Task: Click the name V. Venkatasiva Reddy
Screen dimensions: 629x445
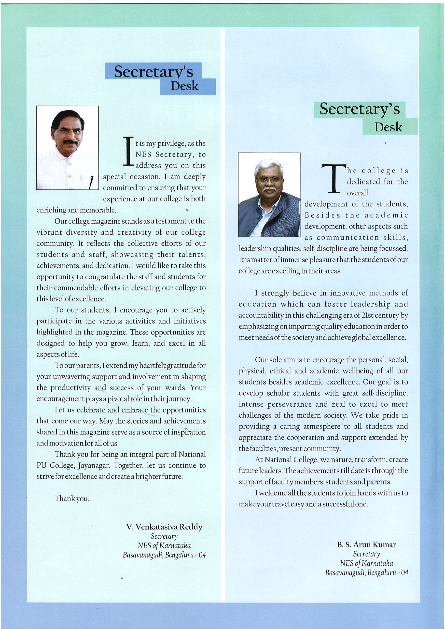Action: coord(164,527)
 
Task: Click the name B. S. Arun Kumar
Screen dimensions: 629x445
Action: coord(366,544)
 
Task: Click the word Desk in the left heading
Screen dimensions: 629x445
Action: coord(184,86)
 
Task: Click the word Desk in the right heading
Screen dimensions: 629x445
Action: coord(388,127)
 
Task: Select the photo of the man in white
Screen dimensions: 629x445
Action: coord(67,147)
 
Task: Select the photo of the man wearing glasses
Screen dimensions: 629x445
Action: coord(269,195)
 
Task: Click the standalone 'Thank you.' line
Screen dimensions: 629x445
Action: coord(72,499)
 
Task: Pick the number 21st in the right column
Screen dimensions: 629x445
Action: coord(367,315)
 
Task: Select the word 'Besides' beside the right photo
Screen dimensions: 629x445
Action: coord(322,215)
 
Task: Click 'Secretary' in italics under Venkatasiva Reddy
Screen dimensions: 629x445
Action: coord(164,536)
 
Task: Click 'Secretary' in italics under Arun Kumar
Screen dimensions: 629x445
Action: coord(366,554)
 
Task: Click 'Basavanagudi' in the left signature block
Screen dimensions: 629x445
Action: coord(142,555)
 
